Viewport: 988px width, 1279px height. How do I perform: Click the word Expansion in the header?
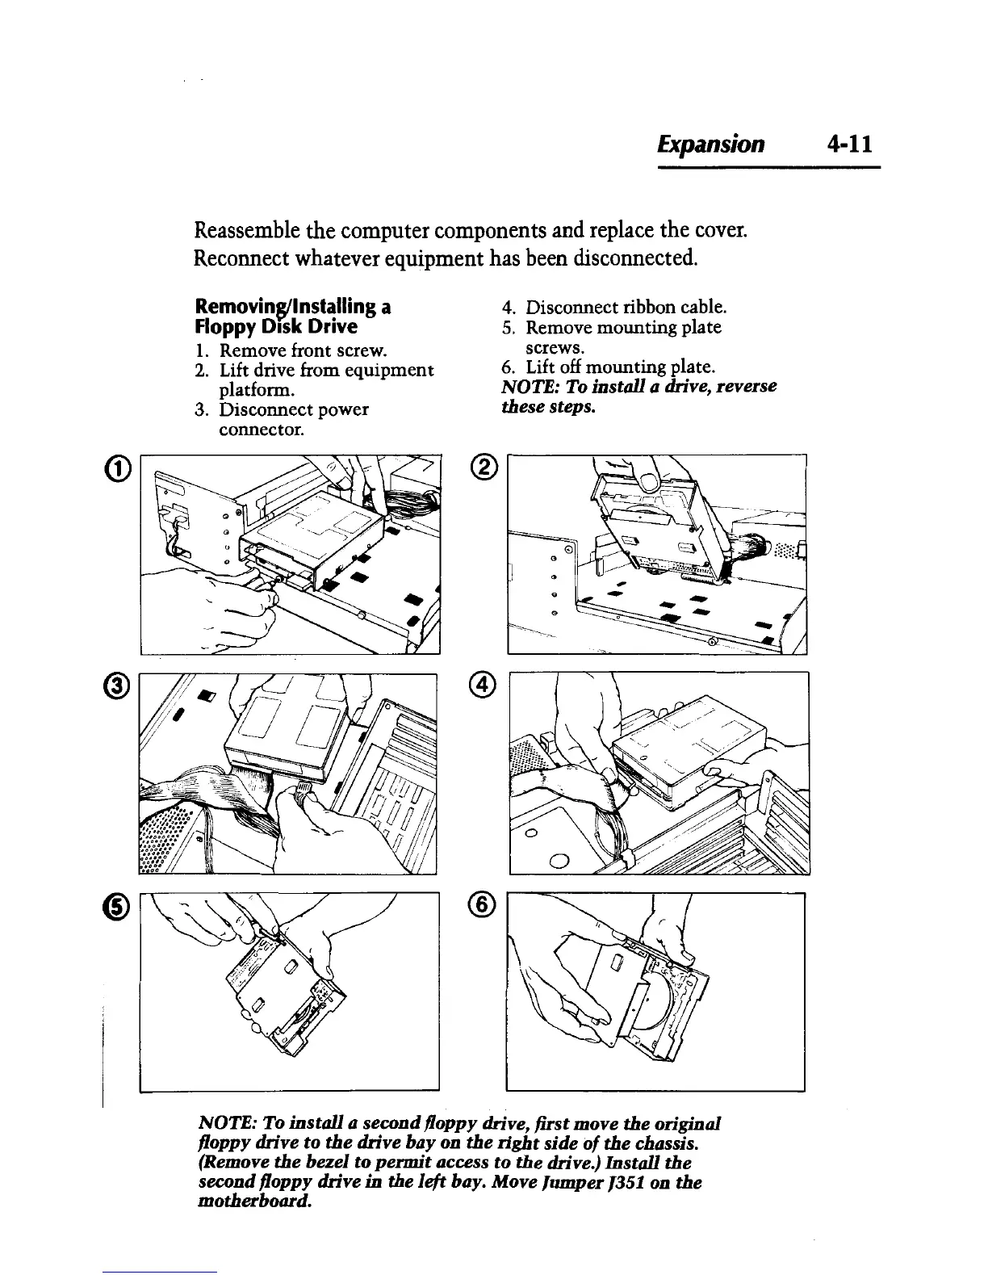point(710,145)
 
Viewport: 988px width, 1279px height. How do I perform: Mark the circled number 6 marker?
point(483,906)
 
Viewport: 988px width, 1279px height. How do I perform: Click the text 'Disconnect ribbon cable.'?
point(626,308)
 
